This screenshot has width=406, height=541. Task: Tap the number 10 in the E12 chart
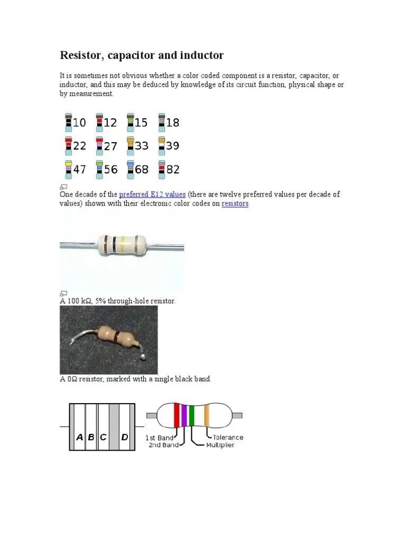coord(79,123)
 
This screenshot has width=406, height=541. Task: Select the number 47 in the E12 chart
coord(79,170)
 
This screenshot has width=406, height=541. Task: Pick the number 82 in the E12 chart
coord(173,170)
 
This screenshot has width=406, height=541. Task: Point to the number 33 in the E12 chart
coord(142,146)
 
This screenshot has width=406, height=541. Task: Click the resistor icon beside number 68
coord(130,169)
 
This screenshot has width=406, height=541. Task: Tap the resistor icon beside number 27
coord(99,146)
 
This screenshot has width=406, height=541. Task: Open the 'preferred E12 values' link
coord(152,194)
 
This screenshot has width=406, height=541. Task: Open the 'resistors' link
coord(235,203)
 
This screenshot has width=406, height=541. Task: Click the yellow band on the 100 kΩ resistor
coord(123,245)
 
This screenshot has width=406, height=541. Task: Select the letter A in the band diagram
coord(79,437)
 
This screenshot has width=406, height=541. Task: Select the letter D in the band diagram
coord(125,437)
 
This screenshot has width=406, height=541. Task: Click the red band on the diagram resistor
coord(177,416)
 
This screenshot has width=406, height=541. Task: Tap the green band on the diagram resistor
coord(191,416)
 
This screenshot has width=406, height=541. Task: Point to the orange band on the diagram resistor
coord(207,416)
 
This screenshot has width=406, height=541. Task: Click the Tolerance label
coord(228,437)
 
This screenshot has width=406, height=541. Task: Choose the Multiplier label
coord(220,445)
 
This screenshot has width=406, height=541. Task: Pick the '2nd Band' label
coord(163,445)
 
